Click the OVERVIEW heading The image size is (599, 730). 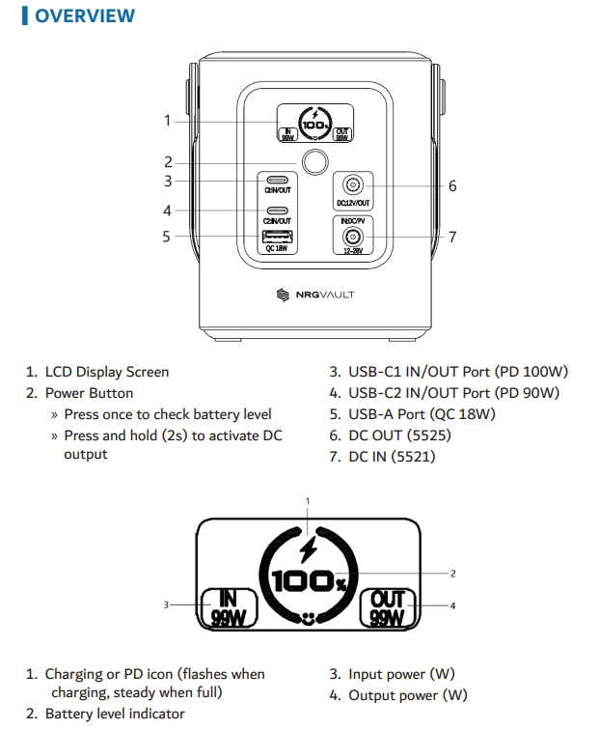pos(84,16)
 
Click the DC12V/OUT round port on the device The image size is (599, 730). pos(353,184)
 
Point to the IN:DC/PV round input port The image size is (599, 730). pos(353,237)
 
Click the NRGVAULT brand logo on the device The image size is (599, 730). pos(314,295)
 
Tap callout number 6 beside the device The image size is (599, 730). pos(452,185)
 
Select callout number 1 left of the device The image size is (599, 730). pos(167,121)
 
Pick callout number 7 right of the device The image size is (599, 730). pos(452,237)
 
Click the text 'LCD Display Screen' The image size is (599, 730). pos(106,372)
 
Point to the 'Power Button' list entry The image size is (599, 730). pos(89,393)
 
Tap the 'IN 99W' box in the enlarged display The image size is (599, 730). pos(228,607)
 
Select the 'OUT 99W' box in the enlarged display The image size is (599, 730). pos(388,607)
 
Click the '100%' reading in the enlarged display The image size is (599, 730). pos(308,581)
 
